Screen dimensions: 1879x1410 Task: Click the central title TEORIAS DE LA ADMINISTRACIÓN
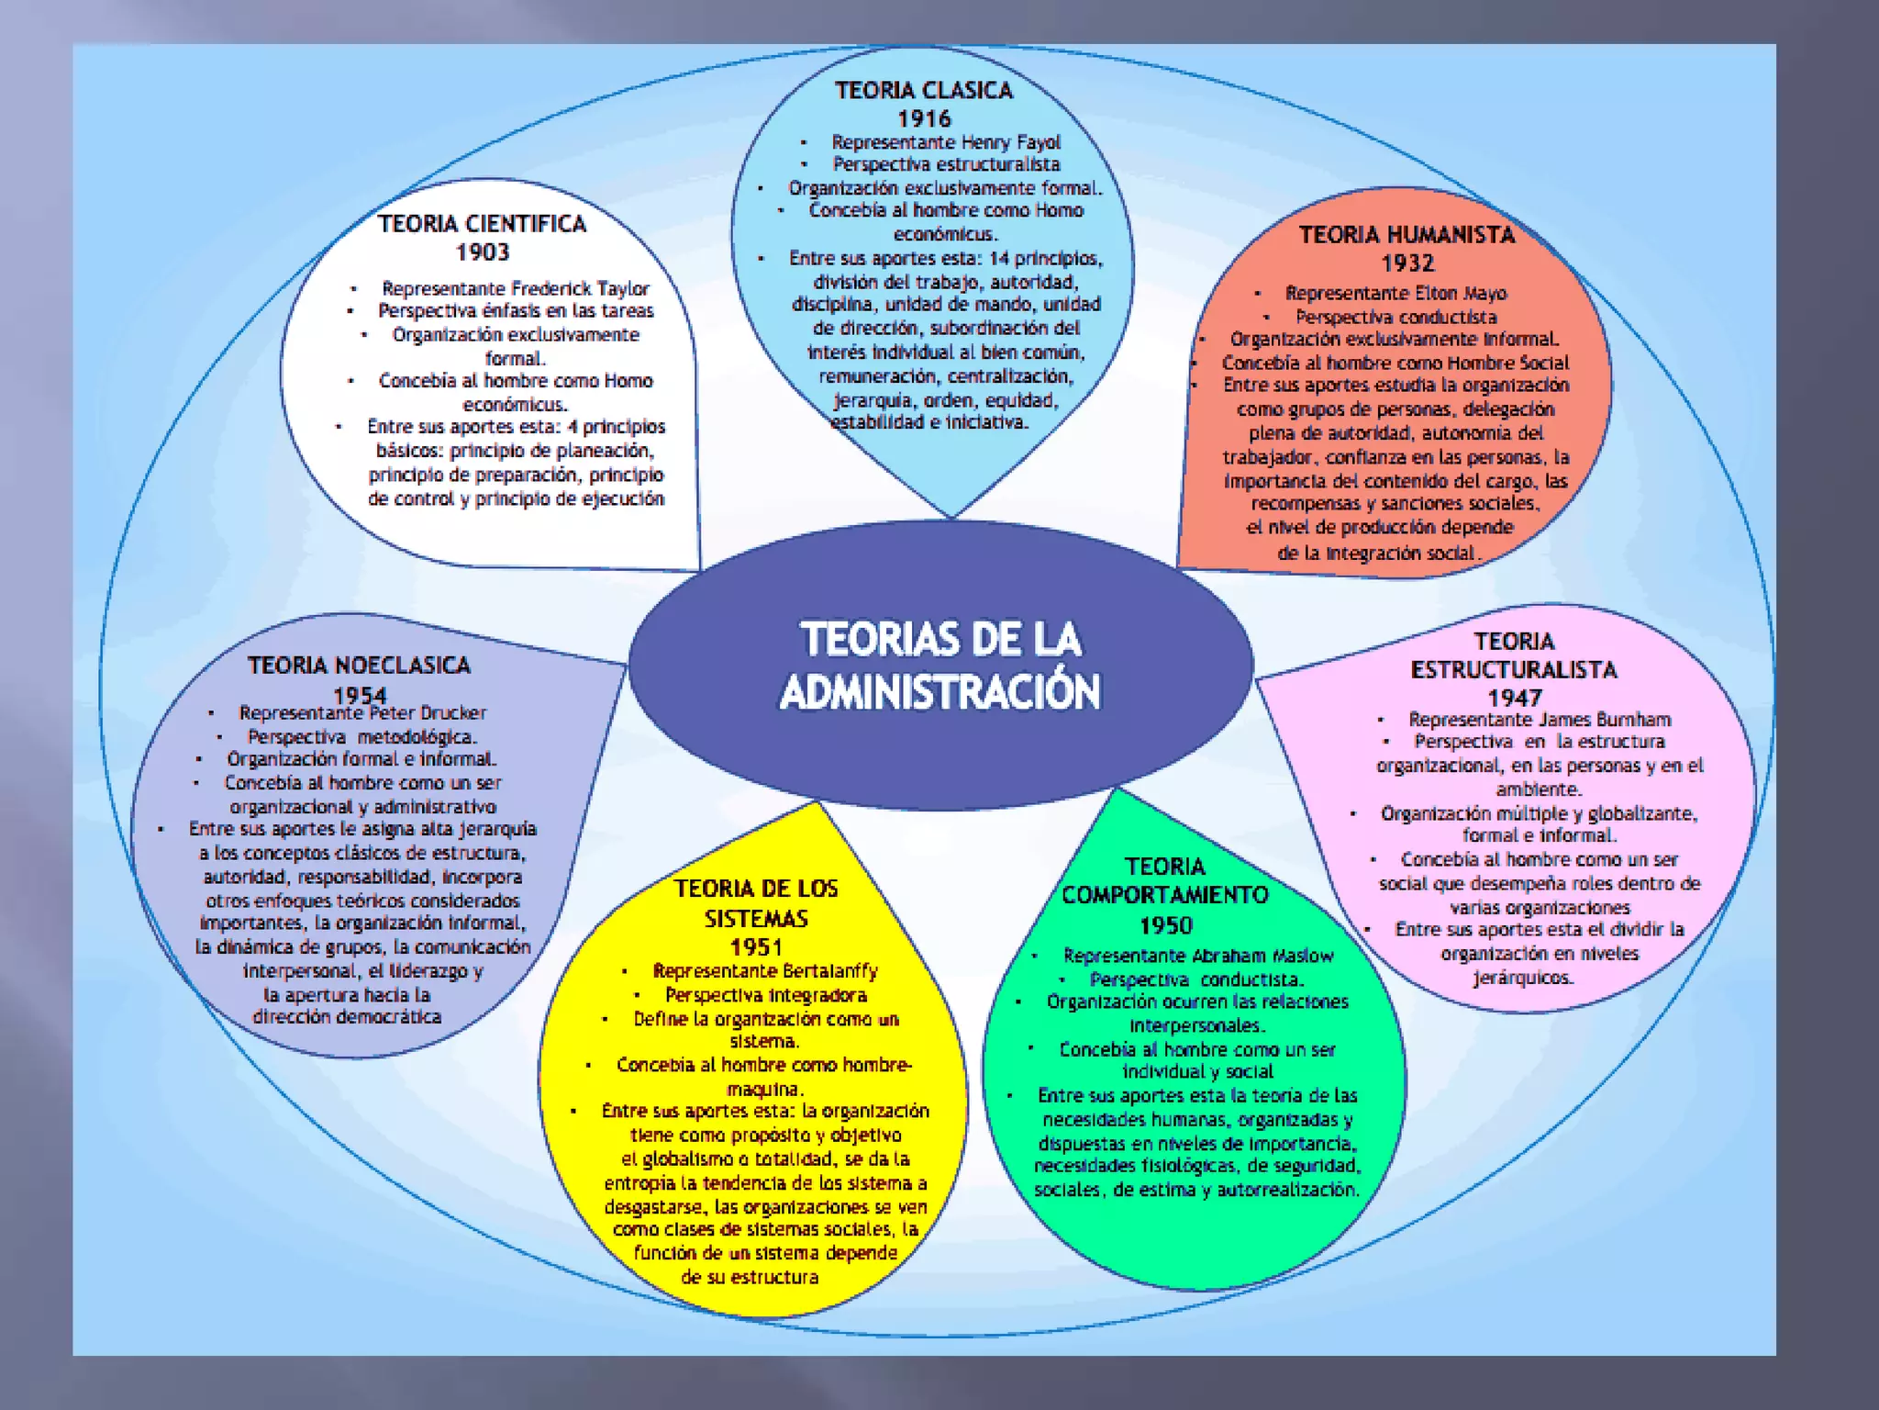940,666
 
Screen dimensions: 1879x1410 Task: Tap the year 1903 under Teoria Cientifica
483,252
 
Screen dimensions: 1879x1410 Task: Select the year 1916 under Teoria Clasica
924,118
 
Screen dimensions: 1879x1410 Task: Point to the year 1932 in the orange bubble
1407,263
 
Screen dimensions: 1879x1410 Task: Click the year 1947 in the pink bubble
1515,698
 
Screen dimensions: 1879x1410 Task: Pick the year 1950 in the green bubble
1166,925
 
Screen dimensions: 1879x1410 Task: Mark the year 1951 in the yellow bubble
756,947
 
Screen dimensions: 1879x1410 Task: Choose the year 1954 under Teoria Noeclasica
360,695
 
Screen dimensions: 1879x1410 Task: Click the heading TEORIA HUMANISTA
1407,235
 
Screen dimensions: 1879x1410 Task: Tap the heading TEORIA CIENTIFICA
483,224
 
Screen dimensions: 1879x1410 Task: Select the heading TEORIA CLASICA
924,90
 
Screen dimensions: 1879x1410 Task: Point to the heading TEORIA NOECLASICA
360,665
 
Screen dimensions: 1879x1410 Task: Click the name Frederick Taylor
580,288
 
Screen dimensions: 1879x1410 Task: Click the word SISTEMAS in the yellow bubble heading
756,919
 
